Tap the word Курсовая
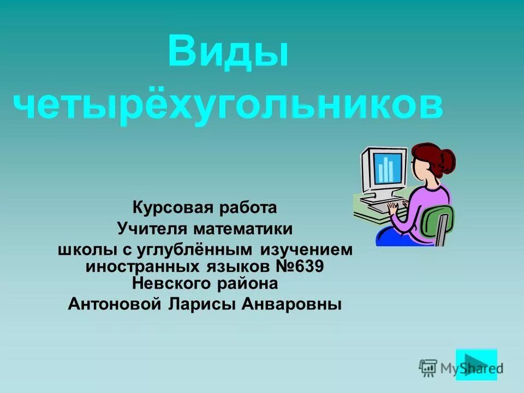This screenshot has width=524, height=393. tap(168, 208)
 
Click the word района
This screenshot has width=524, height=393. tap(249, 284)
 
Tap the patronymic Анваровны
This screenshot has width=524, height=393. tap(295, 304)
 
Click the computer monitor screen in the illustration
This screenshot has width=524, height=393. tap(388, 167)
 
